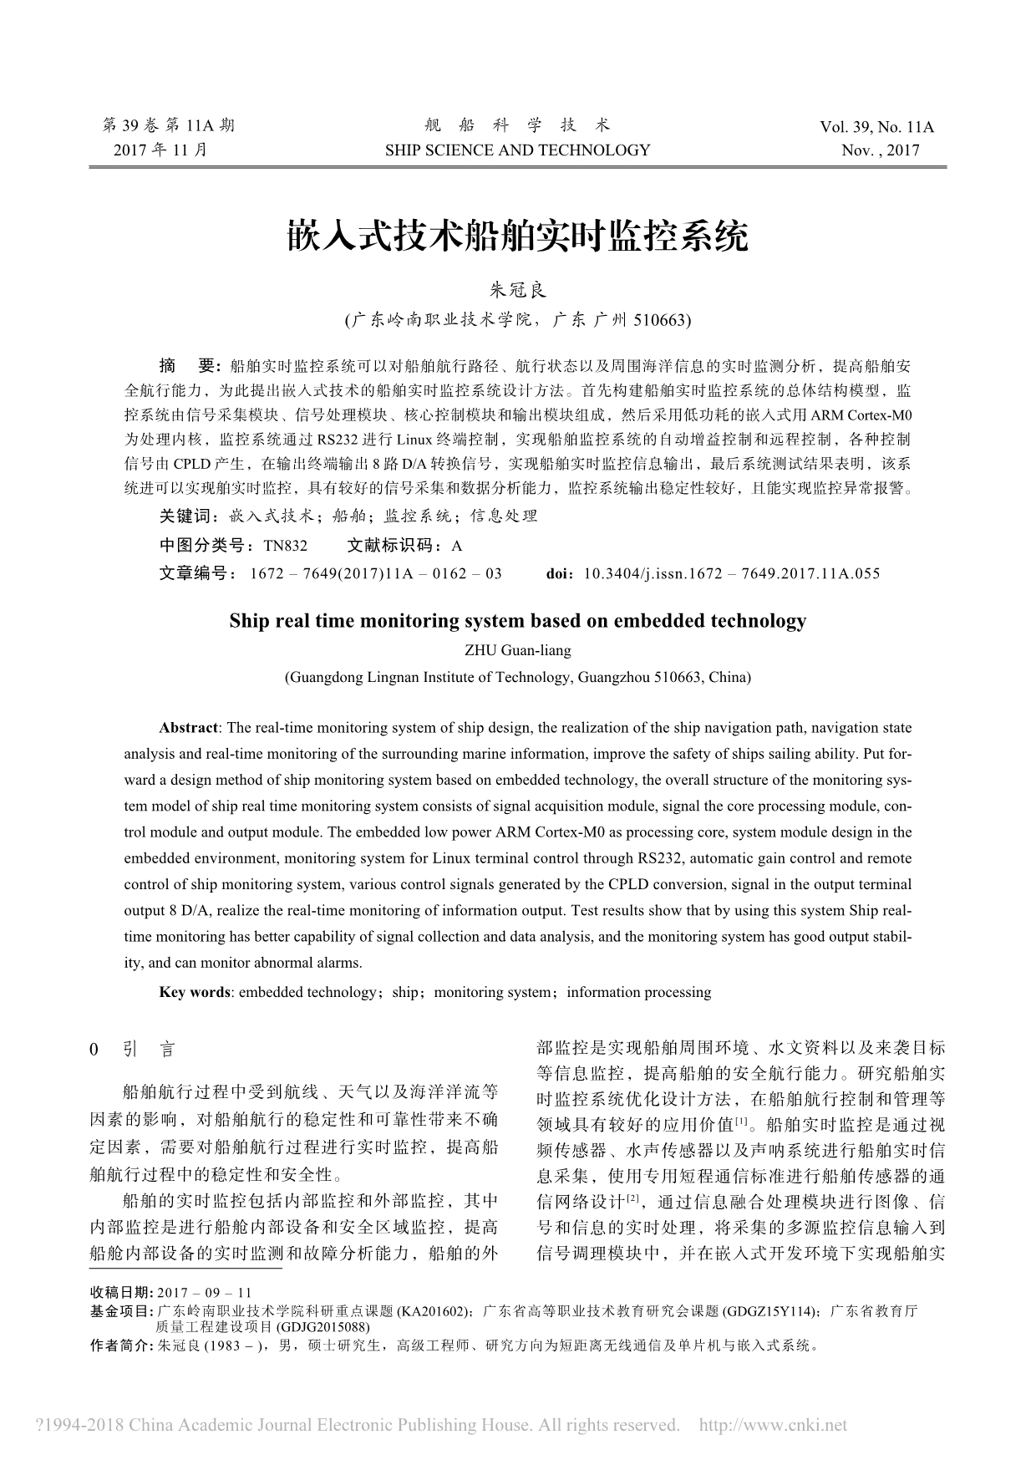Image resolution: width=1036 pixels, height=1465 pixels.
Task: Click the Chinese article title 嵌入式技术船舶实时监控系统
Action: pyautogui.click(x=517, y=237)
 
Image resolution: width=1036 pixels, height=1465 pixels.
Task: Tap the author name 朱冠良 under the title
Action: pyautogui.click(x=517, y=290)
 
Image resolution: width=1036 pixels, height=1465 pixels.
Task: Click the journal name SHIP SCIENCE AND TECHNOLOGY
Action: pyautogui.click(x=517, y=150)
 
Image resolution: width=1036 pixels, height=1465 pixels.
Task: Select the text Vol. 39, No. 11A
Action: pyautogui.click(x=876, y=128)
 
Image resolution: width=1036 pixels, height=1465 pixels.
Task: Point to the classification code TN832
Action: pyautogui.click(x=285, y=546)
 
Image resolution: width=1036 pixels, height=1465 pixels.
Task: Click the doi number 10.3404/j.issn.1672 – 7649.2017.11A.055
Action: pyautogui.click(x=731, y=573)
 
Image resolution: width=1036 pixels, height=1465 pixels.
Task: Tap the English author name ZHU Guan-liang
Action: pyautogui.click(x=517, y=649)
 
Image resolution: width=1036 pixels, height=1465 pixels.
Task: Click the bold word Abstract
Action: pyautogui.click(x=189, y=728)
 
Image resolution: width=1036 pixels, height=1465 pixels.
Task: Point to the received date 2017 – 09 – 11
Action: pyautogui.click(x=204, y=1292)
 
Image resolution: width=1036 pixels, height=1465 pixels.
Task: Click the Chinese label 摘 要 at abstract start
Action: pyautogui.click(x=188, y=365)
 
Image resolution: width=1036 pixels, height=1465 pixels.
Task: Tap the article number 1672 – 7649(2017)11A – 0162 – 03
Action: pyautogui.click(x=376, y=573)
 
